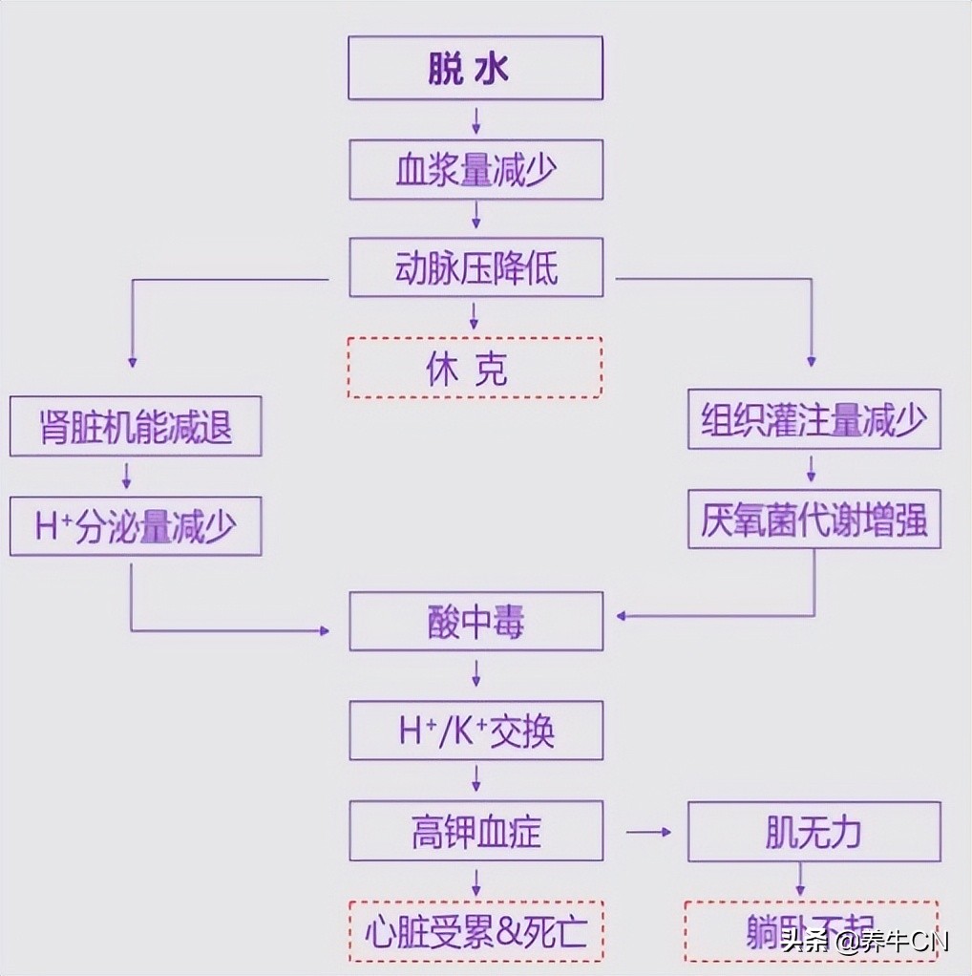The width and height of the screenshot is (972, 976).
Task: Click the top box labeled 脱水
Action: pyautogui.click(x=475, y=68)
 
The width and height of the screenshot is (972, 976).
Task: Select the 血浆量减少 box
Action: pyautogui.click(x=475, y=170)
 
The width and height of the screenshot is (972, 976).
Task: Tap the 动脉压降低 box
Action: pyautogui.click(x=475, y=268)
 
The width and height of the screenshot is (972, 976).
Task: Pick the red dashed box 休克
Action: pyautogui.click(x=475, y=368)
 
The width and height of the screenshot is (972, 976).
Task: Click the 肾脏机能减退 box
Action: pyautogui.click(x=135, y=427)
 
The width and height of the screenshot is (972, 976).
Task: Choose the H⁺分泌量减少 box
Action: pyautogui.click(x=135, y=526)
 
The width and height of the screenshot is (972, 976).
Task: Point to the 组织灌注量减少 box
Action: pyautogui.click(x=814, y=419)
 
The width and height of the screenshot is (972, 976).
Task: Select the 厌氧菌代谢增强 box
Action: pyautogui.click(x=814, y=520)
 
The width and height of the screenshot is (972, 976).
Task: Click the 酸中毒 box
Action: pyautogui.click(x=475, y=622)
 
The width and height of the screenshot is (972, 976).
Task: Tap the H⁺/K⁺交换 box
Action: pyautogui.click(x=475, y=731)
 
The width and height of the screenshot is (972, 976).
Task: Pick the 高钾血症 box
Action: pyautogui.click(x=475, y=831)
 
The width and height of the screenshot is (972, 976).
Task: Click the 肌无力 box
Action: pyautogui.click(x=814, y=831)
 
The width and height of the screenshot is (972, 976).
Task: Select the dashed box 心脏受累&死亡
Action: pyautogui.click(x=475, y=931)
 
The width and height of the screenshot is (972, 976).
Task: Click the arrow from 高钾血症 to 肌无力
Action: pyautogui.click(x=648, y=831)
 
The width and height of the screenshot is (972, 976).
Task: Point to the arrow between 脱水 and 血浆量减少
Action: pyautogui.click(x=475, y=119)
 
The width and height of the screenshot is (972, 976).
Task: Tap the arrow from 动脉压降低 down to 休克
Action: pyautogui.click(x=475, y=316)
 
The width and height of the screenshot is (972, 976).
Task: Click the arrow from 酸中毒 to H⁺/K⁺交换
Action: pyautogui.click(x=475, y=675)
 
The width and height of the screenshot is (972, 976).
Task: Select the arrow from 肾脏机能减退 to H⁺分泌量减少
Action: pyautogui.click(x=127, y=475)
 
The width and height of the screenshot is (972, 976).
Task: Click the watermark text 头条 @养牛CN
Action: pyautogui.click(x=864, y=942)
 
